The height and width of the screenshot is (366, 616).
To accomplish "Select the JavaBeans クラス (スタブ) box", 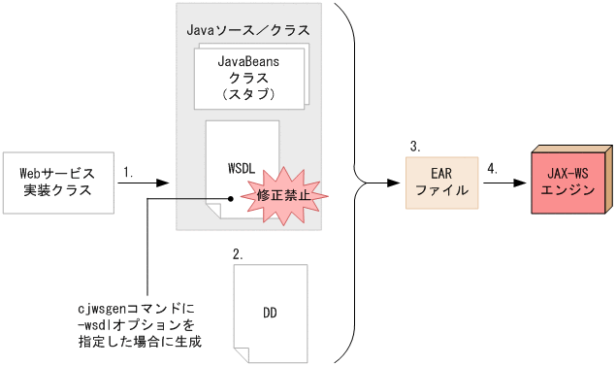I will (248, 79).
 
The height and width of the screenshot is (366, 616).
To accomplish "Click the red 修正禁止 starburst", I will (285, 194).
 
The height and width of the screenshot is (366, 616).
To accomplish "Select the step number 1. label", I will (128, 172).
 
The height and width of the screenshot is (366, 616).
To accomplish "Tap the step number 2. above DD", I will (239, 253).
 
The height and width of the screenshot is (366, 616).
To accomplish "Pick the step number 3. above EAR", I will (414, 147).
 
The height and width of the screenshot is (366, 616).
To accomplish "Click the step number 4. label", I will (492, 168).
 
